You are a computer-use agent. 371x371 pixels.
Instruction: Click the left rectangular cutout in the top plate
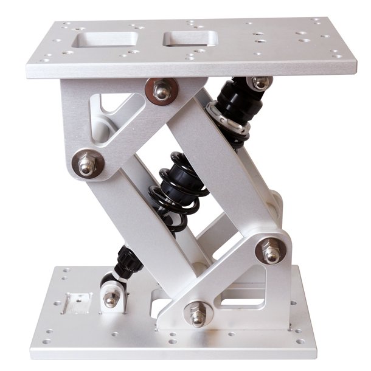(104, 40)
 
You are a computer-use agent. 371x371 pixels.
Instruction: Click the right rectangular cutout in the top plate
(190, 38)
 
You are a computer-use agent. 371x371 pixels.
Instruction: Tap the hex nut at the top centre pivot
(162, 91)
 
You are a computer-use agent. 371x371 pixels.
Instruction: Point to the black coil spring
(178, 192)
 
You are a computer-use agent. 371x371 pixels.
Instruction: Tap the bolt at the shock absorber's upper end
(260, 83)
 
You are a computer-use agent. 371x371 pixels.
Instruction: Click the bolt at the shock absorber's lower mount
(111, 297)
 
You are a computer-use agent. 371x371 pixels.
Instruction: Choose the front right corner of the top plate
(356, 72)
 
